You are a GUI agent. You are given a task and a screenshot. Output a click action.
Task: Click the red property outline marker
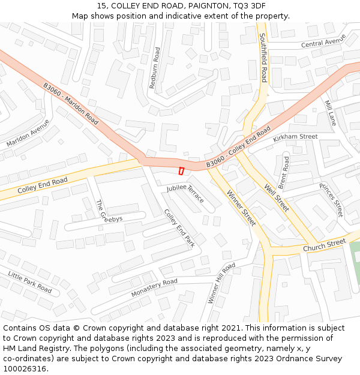[181, 171]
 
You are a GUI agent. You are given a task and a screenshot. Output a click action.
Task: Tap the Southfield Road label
[263, 58]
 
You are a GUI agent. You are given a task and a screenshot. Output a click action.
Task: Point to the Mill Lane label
[331, 113]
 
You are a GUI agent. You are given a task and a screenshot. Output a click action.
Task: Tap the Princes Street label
[331, 200]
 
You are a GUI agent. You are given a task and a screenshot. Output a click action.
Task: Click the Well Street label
[277, 197]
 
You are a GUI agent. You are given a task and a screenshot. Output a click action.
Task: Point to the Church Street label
[324, 245]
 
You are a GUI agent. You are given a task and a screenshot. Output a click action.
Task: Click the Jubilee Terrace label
[185, 193]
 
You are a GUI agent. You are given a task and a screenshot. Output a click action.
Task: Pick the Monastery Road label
[154, 288]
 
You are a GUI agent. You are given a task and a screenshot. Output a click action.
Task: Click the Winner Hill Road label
[221, 283]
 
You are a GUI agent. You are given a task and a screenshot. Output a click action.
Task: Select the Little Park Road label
[30, 281]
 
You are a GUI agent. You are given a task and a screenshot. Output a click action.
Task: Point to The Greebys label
[109, 212]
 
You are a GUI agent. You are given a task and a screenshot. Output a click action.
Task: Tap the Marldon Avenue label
[28, 133]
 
